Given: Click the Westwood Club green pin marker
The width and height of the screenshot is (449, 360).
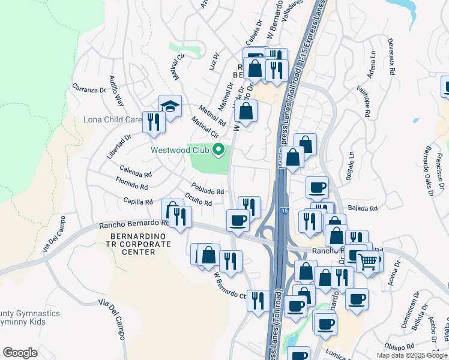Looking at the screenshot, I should click(219, 149).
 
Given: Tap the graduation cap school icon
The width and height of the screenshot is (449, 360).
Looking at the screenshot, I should click(170, 106).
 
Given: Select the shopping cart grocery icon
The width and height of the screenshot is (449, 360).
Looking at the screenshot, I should click(367, 261).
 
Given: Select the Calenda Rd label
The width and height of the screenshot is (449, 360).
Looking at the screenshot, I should click(136, 172).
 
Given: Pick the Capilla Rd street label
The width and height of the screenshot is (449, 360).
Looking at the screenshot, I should click(138, 202).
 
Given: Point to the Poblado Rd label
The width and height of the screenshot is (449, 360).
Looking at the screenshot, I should click(208, 188).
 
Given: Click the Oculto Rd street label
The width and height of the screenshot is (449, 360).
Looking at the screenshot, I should click(199, 199).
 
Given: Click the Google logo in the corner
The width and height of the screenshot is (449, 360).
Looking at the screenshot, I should click(20, 353).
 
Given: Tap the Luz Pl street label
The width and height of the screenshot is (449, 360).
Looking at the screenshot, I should click(215, 62).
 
